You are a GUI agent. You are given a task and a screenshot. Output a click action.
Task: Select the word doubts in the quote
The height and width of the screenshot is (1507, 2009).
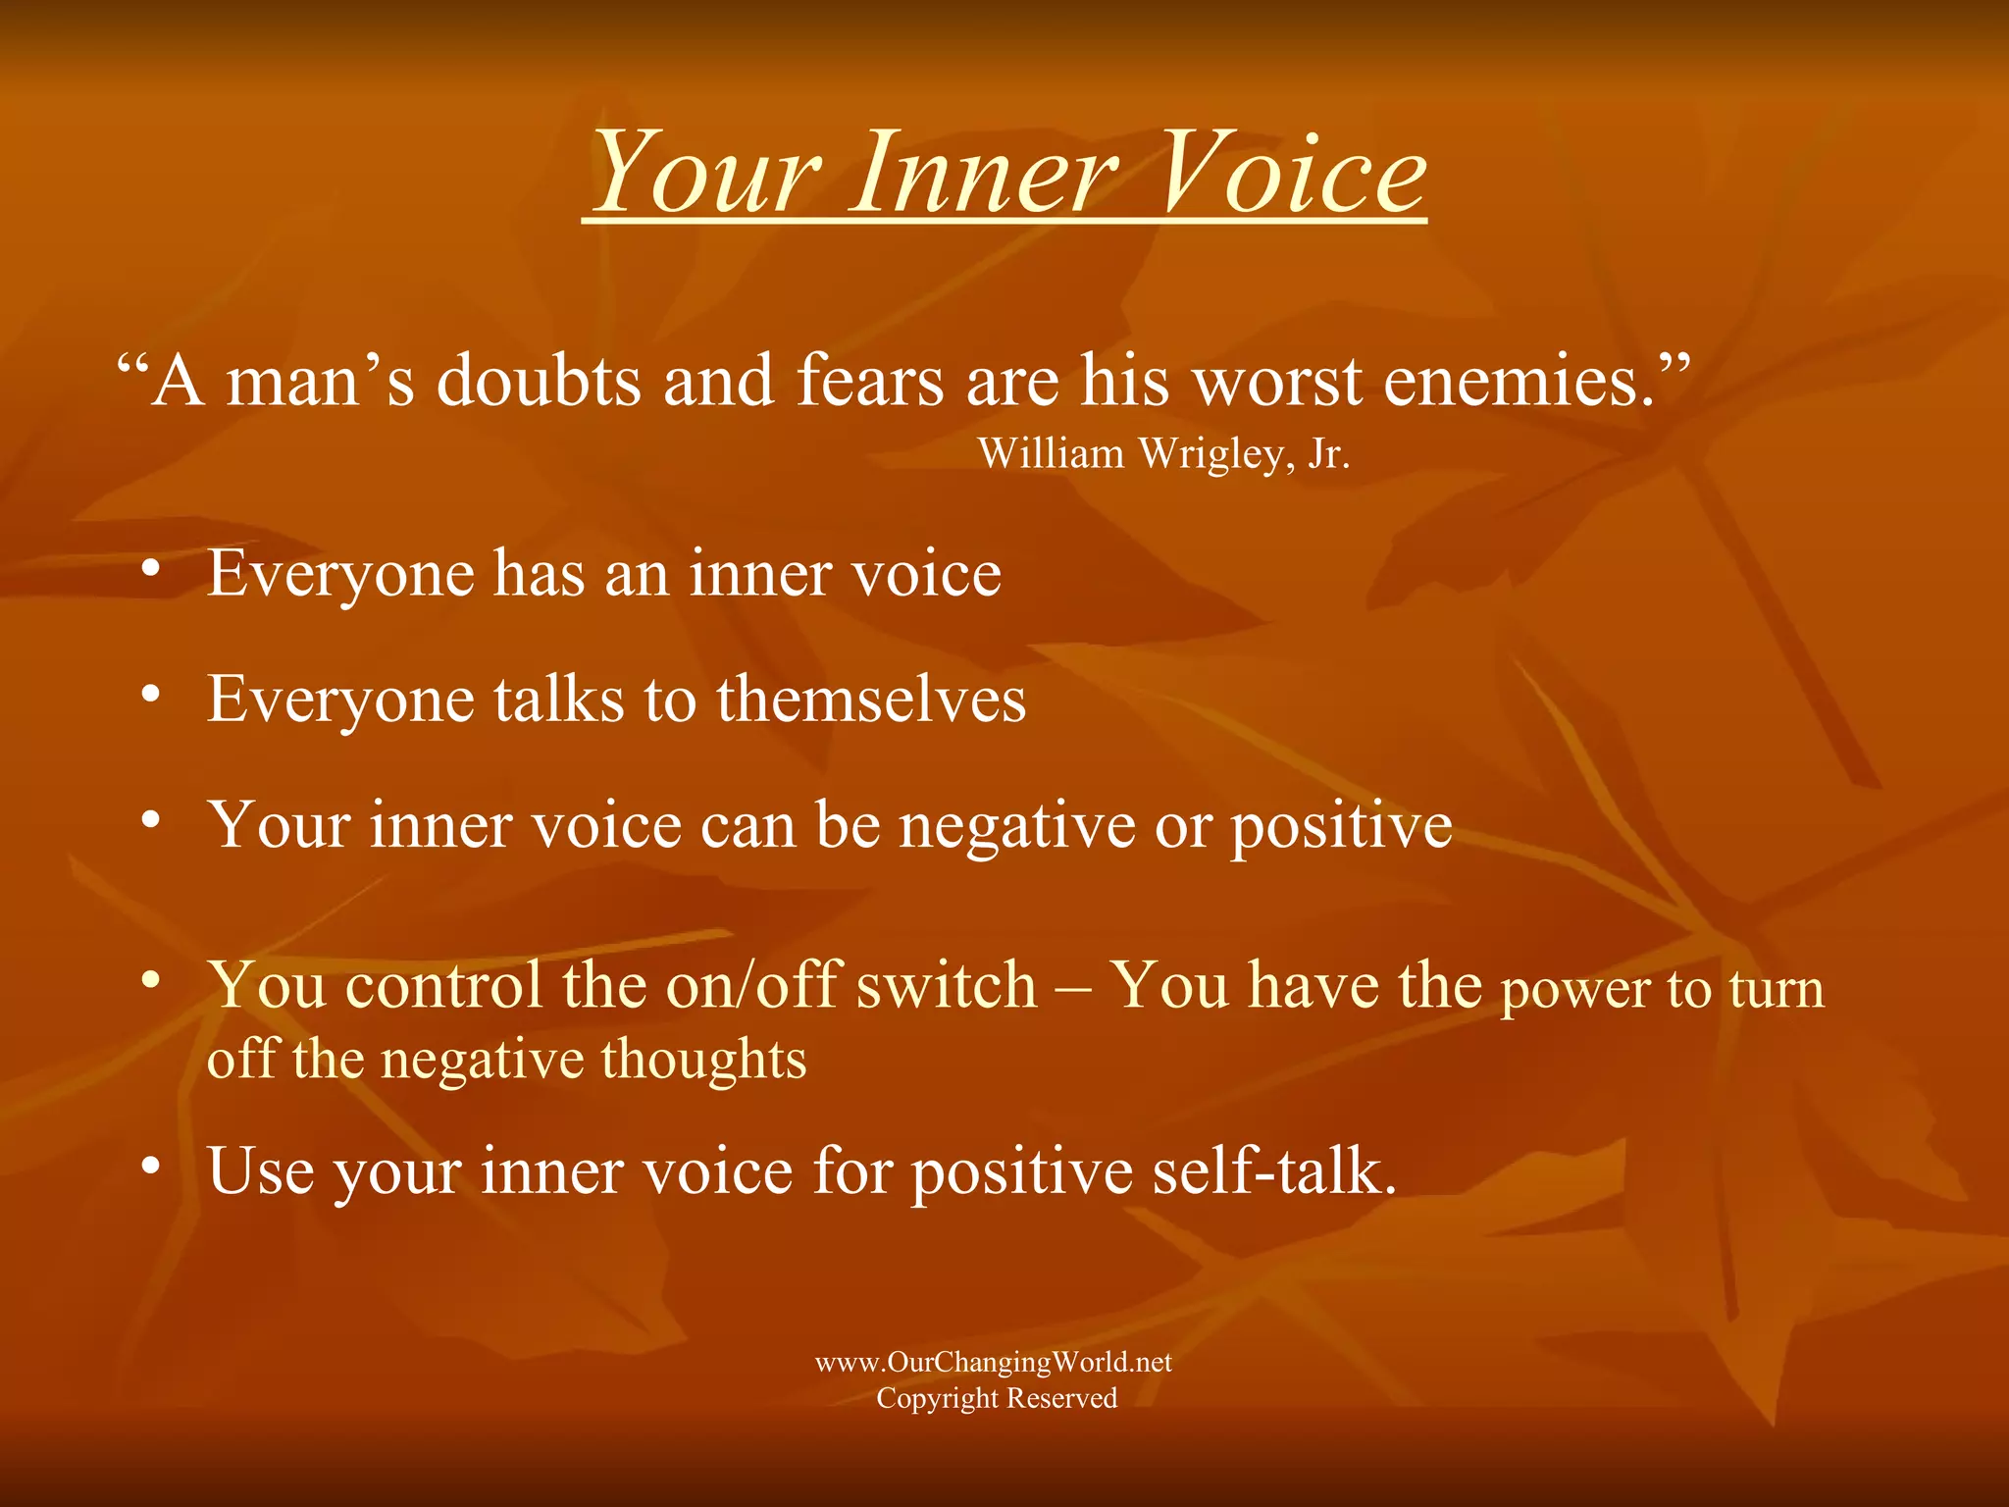point(539,381)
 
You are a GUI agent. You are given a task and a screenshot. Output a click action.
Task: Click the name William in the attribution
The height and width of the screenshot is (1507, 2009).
point(1051,454)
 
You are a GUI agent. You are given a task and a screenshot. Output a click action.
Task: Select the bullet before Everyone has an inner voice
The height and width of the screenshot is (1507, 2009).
point(150,569)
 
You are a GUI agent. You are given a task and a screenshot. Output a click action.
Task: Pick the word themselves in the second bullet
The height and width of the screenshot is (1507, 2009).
point(871,700)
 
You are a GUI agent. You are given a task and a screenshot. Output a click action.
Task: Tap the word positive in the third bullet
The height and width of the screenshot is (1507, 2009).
point(1341,827)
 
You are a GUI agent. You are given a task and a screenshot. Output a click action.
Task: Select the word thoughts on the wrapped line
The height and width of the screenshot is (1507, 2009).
point(703,1060)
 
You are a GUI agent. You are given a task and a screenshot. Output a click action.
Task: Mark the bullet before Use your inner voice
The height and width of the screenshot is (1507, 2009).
point(150,1166)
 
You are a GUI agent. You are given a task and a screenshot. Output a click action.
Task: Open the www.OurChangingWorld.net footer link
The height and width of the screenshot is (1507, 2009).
point(994,1362)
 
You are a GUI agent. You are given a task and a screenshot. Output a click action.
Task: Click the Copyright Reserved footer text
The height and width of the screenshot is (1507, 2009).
point(997,1398)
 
